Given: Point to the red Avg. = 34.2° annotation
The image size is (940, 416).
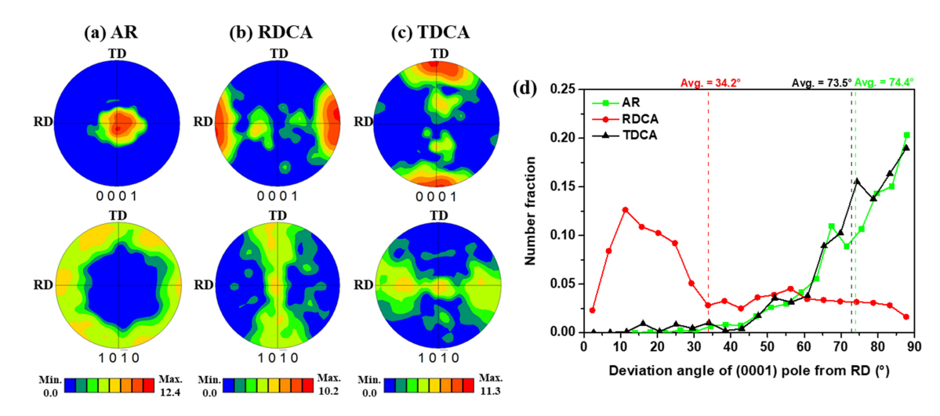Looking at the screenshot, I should click(708, 81).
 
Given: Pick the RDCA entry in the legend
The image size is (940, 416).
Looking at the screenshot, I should click(633, 118).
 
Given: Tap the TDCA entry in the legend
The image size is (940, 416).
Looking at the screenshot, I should click(633, 134).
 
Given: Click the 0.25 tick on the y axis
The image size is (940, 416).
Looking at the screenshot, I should click(566, 89).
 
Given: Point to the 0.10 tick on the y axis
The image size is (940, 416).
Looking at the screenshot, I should click(566, 235).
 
